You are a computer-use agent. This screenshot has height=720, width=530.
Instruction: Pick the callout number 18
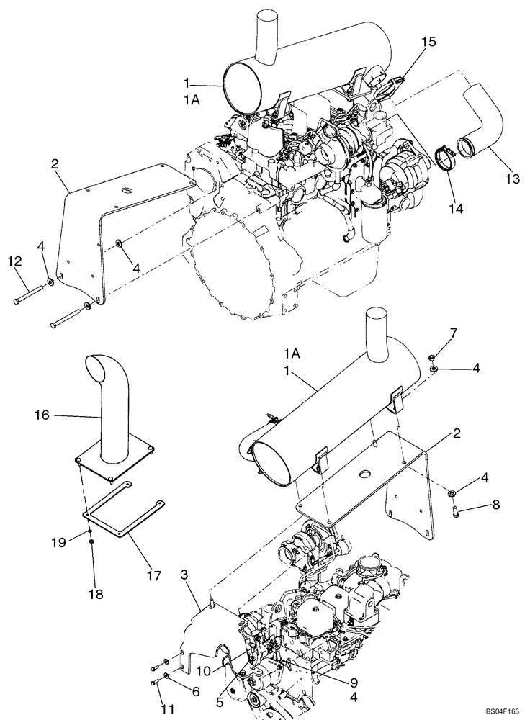tap(95, 594)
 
